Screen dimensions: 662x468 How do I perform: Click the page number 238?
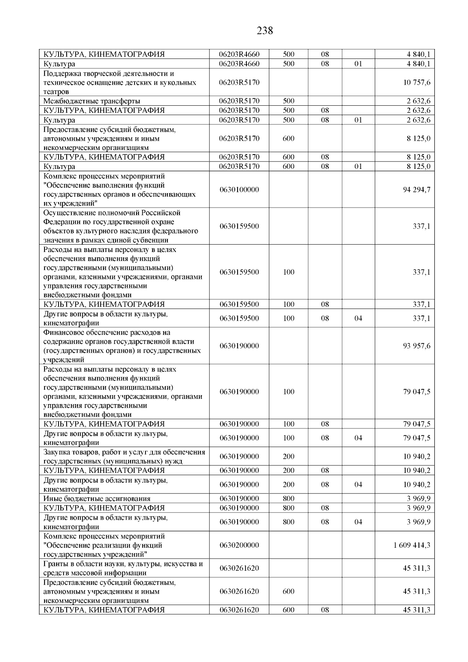click(x=265, y=30)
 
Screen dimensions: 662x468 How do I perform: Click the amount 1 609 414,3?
click(x=412, y=545)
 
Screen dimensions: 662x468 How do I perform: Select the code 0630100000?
click(x=239, y=190)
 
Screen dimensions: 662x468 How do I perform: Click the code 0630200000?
click(x=239, y=545)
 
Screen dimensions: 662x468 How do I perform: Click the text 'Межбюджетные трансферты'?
click(x=92, y=101)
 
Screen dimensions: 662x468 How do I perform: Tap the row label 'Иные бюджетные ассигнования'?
click(x=97, y=499)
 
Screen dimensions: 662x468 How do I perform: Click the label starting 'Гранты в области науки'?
click(x=123, y=568)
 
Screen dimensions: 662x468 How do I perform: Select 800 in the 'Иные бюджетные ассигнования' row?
click(x=288, y=499)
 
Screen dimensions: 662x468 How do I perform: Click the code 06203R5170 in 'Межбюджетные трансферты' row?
click(x=239, y=101)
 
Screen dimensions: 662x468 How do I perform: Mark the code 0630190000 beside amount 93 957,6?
click(x=239, y=346)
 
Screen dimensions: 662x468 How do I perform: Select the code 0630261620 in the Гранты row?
click(x=239, y=568)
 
